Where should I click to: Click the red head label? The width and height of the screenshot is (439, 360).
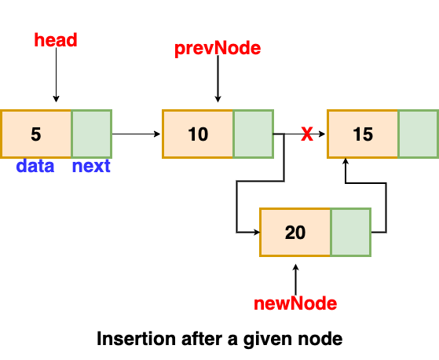pos(56,40)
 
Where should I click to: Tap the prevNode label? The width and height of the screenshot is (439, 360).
pos(218,49)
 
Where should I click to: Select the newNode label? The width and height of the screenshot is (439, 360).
pos(295,303)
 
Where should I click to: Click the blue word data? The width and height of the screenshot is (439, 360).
pos(35,166)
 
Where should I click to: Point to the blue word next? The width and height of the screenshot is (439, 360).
pos(91,166)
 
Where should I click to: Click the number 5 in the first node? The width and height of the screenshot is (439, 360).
pos(36,134)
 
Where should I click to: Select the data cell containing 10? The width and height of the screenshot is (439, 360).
pos(198,134)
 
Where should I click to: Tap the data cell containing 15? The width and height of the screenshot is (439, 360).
pos(363,134)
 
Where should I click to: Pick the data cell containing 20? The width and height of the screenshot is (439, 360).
pos(295,232)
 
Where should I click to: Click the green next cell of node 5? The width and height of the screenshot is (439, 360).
pos(92,134)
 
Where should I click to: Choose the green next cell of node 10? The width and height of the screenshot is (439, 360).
pos(253,134)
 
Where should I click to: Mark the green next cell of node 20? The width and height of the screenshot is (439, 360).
pos(351,232)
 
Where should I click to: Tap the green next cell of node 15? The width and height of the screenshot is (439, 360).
pos(419,134)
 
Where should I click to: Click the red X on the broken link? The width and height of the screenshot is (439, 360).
pos(307,134)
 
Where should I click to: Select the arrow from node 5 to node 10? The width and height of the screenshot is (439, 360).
pos(137,134)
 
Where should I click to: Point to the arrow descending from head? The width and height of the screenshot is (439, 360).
pos(56,75)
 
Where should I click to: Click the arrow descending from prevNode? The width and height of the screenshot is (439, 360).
pos(218,79)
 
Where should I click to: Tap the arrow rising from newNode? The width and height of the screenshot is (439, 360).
pos(295,280)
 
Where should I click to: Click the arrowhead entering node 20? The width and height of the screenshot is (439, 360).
pos(257,232)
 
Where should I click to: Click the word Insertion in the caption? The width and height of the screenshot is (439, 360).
pos(136,339)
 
